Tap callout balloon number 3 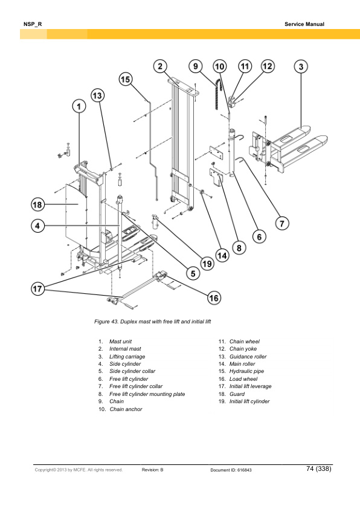pos(301,66)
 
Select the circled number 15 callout pos(125,79)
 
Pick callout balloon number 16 pos(214,297)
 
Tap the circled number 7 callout pos(281,223)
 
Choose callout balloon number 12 pos(267,66)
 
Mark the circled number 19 pos(207,263)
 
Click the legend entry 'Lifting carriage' pos(127,357)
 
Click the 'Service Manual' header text pos(304,24)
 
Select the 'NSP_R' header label pos(32,24)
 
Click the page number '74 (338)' pos(318,468)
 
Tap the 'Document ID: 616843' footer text pos(231,470)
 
